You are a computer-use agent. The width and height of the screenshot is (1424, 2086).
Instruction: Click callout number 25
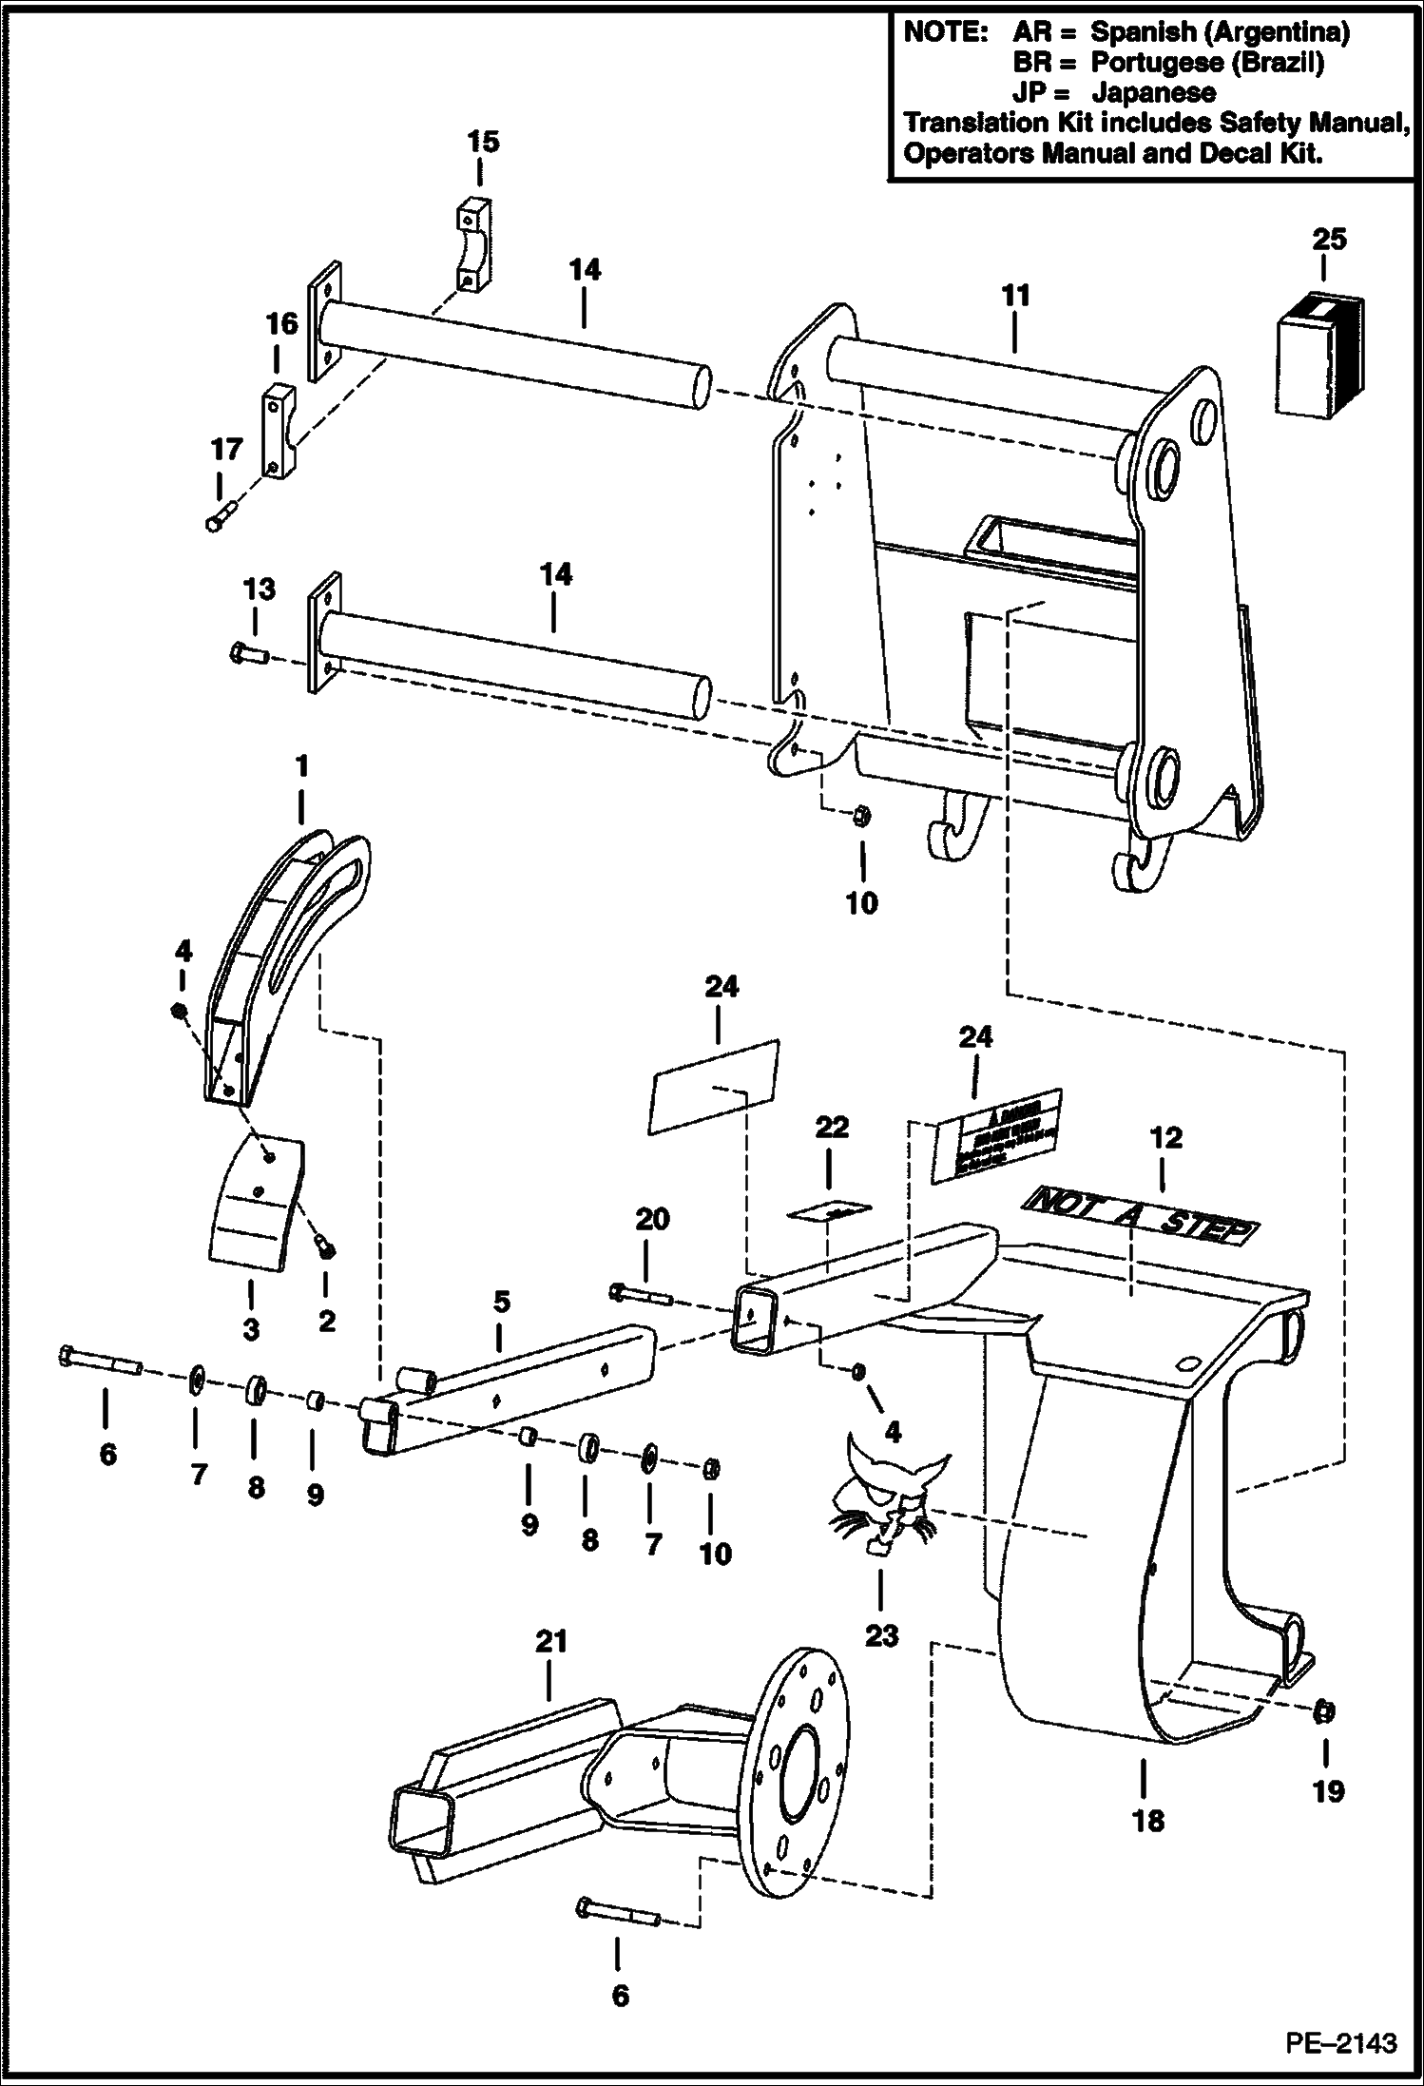point(1329,239)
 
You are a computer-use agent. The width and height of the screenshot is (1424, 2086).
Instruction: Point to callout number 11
point(1015,297)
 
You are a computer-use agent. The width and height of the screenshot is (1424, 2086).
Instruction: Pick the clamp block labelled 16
point(279,430)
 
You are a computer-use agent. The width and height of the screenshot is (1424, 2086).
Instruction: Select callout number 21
point(551,1642)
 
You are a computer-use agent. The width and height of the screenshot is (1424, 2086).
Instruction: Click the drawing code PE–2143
point(1341,2040)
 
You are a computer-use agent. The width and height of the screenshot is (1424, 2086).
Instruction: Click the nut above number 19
point(1322,1712)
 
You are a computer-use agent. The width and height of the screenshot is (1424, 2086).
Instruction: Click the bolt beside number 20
point(641,1293)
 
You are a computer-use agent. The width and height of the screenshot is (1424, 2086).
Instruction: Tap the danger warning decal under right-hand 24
point(995,1135)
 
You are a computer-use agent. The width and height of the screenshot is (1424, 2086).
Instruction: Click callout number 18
point(1148,1821)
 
